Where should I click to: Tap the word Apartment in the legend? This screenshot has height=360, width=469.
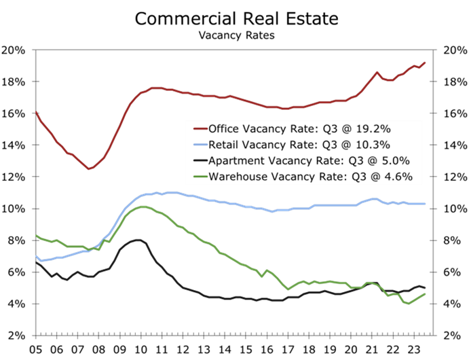tap(238, 161)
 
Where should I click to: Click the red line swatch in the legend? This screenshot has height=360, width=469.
tap(200, 129)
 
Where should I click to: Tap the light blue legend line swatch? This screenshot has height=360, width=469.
tap(200, 145)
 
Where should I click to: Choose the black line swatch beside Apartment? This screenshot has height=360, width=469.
tap(200, 162)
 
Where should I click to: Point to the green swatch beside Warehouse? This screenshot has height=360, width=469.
tap(200, 178)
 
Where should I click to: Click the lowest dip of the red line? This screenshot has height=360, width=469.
tap(89, 168)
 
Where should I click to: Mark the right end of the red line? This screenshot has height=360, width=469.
tap(426, 62)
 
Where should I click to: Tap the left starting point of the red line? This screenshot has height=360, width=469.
tap(35, 111)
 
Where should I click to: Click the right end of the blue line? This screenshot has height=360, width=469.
tap(426, 203)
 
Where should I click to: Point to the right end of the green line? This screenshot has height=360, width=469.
tap(426, 293)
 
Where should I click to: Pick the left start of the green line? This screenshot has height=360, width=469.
tap(35, 235)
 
